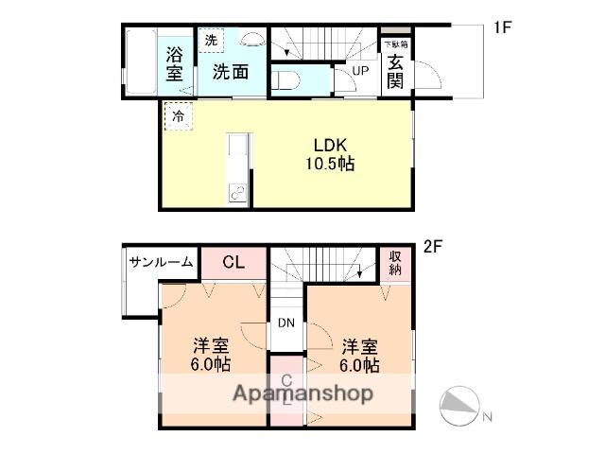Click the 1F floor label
501,28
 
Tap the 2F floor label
433,249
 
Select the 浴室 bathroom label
175,63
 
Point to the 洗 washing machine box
211,40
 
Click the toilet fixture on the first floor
285,79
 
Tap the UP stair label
360,71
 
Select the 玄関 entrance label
395,69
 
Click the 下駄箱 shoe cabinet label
395,44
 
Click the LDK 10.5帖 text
330,154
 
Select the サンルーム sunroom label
162,262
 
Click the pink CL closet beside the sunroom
233,263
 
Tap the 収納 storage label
395,263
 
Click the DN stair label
287,323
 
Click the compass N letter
488,417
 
